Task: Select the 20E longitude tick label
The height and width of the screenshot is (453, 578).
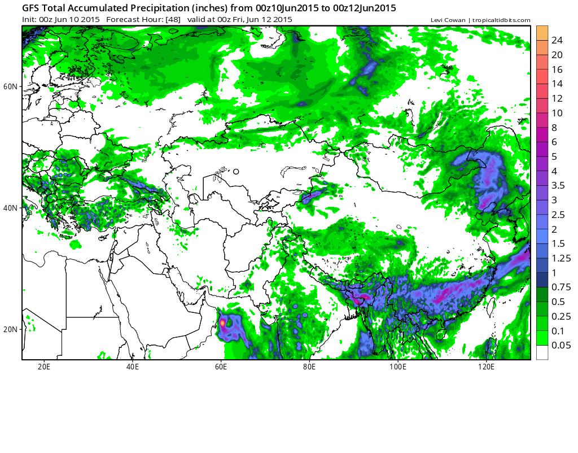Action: [44, 366]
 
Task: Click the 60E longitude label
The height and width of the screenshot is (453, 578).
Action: [221, 366]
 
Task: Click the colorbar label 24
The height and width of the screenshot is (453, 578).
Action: [557, 40]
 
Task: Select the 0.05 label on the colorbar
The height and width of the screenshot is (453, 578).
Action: [560, 345]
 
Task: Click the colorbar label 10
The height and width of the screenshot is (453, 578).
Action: [557, 113]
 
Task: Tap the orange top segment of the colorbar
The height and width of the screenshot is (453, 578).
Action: [542, 33]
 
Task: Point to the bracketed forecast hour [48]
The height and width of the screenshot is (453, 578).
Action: [173, 20]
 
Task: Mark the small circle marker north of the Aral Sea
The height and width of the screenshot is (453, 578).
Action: [236, 172]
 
